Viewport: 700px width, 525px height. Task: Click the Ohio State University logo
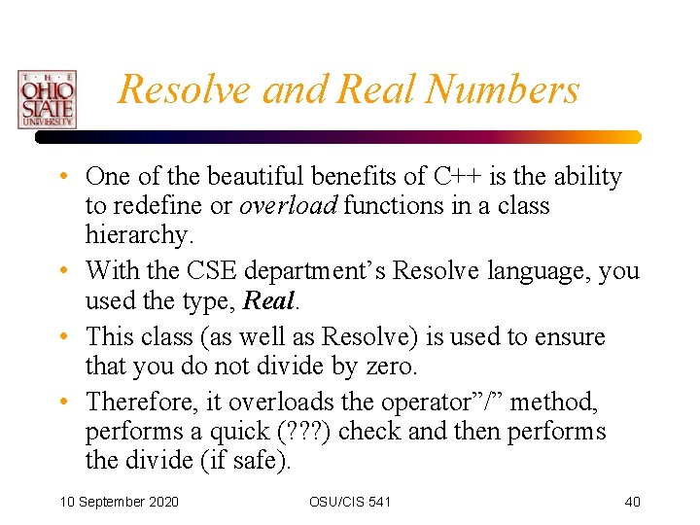46,99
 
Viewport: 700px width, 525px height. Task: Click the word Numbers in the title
502,89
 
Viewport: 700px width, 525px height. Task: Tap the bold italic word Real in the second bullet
267,300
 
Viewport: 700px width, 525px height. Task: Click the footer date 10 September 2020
119,502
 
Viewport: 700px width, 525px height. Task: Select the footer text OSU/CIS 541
350,502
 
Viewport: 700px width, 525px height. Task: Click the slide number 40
632,502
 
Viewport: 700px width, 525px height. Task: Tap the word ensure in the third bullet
570,337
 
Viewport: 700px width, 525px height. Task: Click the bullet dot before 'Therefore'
62,401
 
